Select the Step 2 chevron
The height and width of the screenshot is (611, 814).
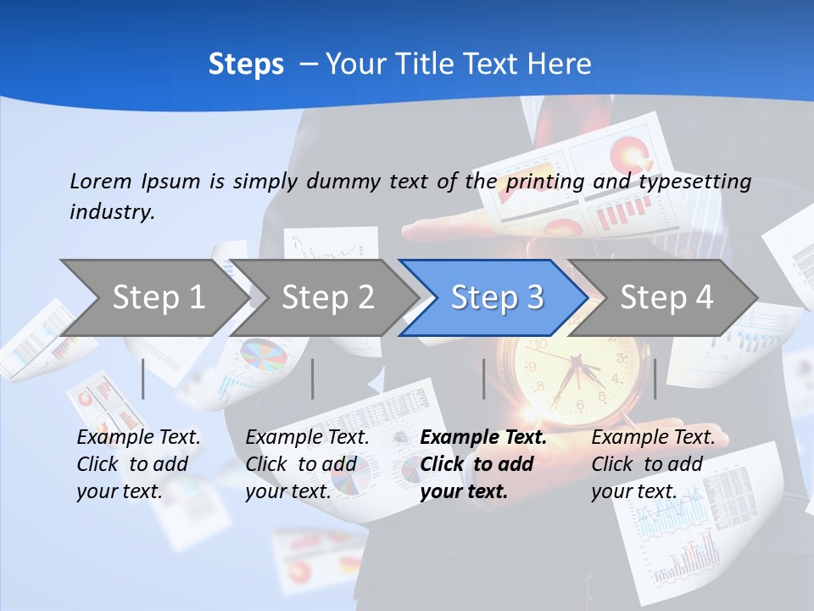coord(327,297)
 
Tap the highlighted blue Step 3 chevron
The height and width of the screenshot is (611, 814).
coord(497,297)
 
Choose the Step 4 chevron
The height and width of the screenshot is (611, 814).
coord(666,297)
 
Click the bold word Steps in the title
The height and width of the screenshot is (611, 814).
coord(246,64)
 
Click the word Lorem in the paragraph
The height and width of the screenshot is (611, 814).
coord(100,181)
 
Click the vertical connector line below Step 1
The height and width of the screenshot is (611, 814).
coord(142,378)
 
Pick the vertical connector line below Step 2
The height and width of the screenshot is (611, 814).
coord(313,378)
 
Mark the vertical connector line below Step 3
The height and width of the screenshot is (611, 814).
coord(484,378)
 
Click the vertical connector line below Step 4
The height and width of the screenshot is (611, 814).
coord(655,378)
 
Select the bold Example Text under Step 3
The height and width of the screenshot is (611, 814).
coord(483,438)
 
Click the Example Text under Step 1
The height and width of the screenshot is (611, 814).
coord(138,438)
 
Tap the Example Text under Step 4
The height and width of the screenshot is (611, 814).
coord(653,438)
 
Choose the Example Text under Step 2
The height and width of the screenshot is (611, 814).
coord(307,438)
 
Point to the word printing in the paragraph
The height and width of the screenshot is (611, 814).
coord(546,182)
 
